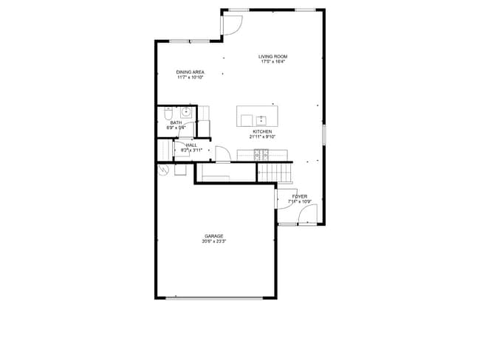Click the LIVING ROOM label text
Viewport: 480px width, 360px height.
(x=272, y=57)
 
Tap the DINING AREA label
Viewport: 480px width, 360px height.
(x=190, y=72)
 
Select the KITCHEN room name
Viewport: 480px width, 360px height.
(x=261, y=131)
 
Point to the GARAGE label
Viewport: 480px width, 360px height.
(x=214, y=236)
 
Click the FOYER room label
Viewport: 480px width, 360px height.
(x=299, y=196)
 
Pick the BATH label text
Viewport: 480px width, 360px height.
(x=176, y=122)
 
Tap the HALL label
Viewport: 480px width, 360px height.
(x=191, y=145)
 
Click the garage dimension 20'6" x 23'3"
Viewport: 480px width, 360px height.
(x=214, y=241)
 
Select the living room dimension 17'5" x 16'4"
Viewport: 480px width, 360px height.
(x=272, y=62)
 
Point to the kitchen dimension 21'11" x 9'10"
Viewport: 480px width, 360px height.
(x=261, y=136)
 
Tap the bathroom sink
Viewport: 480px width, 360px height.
(x=187, y=113)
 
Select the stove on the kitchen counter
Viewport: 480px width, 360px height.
(x=261, y=154)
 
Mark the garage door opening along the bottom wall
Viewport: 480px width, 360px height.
(x=214, y=298)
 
